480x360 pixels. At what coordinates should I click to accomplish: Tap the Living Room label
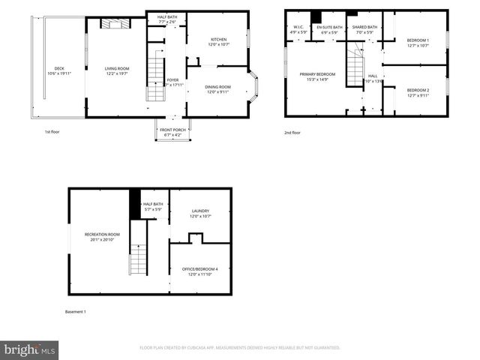point(118,71)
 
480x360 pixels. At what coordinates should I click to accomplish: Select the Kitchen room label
point(217,42)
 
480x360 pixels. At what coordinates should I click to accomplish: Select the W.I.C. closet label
point(298,30)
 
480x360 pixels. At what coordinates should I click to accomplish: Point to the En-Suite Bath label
point(329,30)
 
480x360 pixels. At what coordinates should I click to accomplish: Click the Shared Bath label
point(366,30)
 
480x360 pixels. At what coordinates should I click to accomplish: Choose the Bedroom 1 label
point(418,43)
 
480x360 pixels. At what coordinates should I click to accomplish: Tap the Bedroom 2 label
point(418,92)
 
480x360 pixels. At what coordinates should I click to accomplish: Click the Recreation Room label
point(102,237)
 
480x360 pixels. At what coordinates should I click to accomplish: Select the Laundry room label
point(200,214)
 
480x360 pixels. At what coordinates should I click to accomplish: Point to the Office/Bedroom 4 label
point(200,271)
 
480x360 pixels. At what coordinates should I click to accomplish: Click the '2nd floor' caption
point(292,133)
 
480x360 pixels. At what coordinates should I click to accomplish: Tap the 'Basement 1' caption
point(76,311)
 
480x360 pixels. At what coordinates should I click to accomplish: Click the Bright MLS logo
point(29,349)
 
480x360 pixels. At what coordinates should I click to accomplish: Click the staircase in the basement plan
point(136,259)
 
